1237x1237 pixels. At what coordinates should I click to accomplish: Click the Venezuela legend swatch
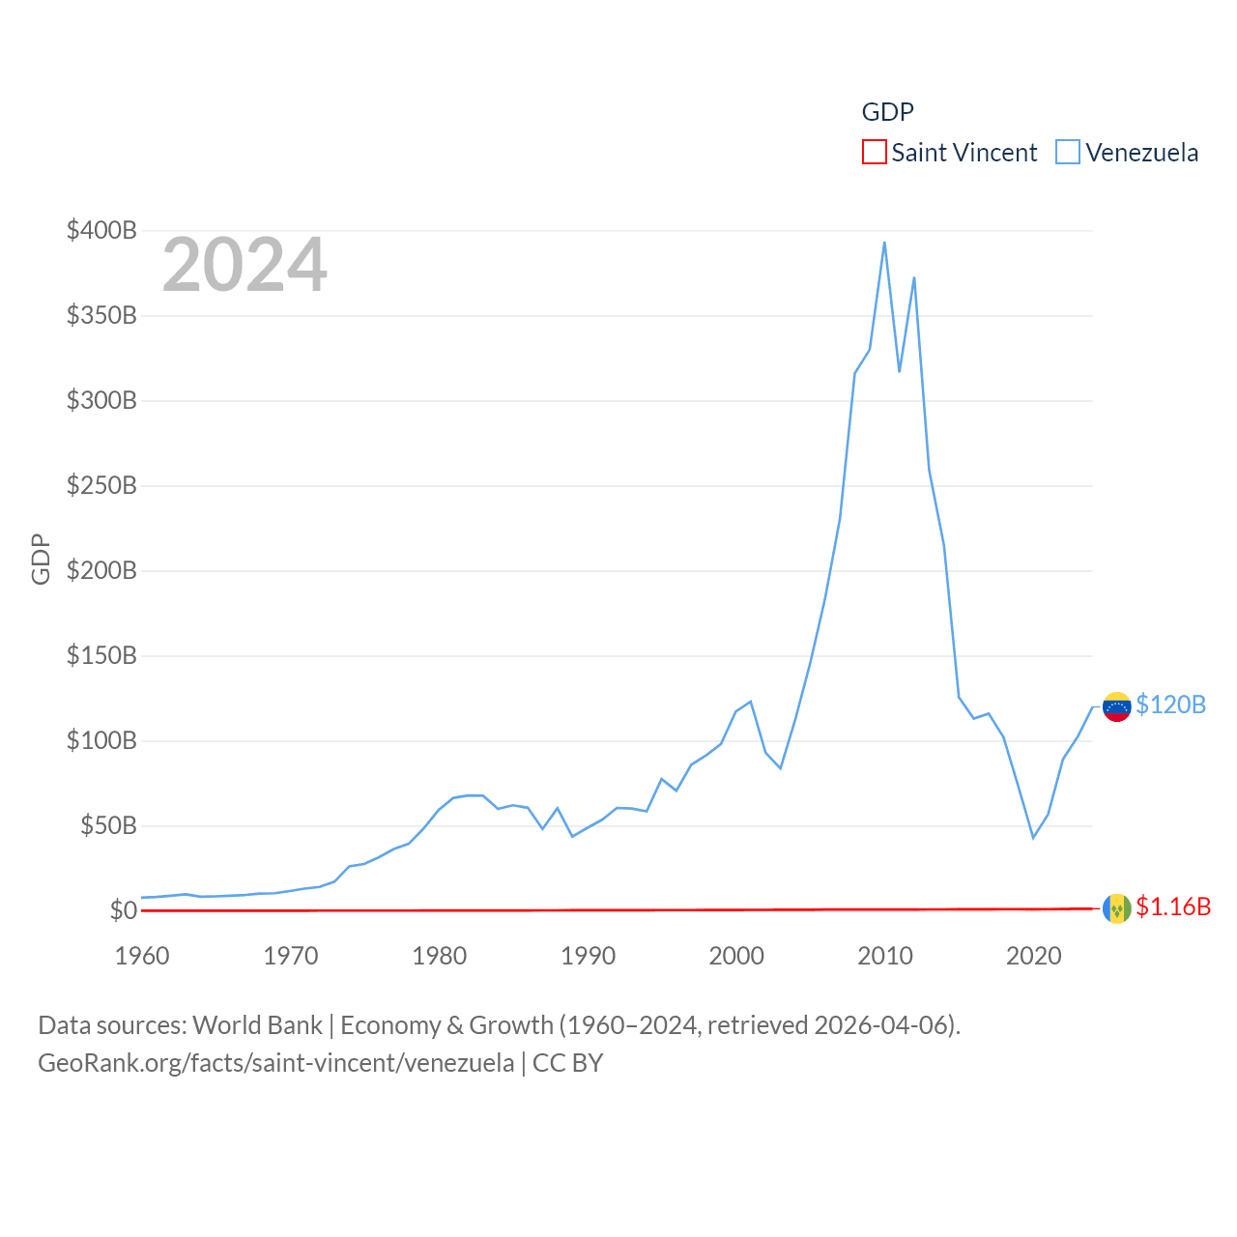click(1067, 153)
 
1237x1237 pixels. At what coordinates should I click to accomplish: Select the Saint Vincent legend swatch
click(874, 153)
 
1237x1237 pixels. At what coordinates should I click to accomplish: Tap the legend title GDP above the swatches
click(887, 112)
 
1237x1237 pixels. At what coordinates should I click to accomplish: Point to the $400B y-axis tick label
click(101, 230)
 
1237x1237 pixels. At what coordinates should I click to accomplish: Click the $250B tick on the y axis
click(101, 485)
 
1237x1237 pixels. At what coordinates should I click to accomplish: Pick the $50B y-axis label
click(108, 825)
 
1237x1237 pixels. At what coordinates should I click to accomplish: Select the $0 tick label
click(123, 910)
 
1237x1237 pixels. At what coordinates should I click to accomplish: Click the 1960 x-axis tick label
click(142, 956)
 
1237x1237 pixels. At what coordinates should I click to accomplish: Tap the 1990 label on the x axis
click(588, 956)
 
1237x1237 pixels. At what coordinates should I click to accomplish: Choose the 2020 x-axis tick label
click(1033, 956)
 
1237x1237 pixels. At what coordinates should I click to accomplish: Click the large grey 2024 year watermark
click(245, 265)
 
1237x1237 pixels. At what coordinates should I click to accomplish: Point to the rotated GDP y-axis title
click(41, 559)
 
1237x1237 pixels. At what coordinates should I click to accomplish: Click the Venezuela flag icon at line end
click(1116, 706)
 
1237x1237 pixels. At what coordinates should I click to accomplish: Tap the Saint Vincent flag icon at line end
click(1116, 908)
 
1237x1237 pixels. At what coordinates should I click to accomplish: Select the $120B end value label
click(1170, 705)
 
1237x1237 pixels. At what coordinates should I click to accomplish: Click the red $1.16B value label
click(1173, 906)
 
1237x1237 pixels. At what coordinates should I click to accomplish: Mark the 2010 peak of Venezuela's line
click(884, 243)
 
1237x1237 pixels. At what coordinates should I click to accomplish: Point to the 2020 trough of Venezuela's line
click(1033, 837)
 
